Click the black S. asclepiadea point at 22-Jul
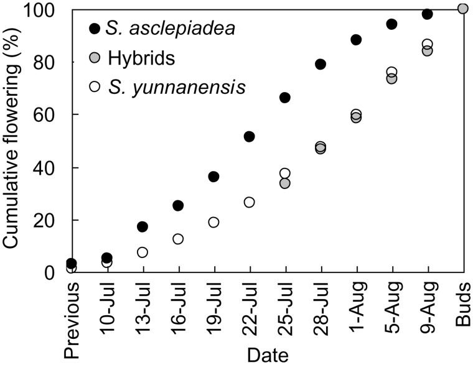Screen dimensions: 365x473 (x=249, y=136)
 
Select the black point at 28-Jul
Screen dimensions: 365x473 (x=321, y=64)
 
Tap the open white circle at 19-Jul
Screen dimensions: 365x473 (x=213, y=222)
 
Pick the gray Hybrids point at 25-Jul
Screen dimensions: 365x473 (x=285, y=183)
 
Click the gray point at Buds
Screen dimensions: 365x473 (x=462, y=8)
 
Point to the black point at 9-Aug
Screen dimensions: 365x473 (x=427, y=14)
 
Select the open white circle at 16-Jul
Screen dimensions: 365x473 (x=178, y=239)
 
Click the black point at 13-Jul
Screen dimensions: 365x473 (x=143, y=227)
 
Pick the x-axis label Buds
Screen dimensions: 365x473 (x=464, y=299)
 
